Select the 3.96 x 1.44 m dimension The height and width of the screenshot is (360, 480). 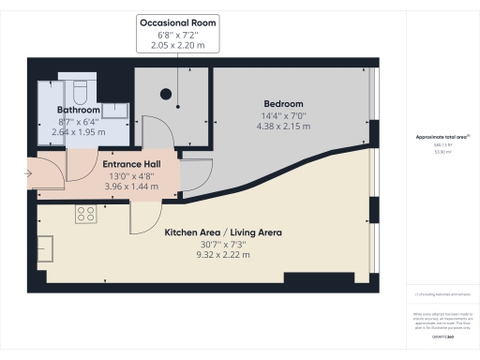tap(129, 186)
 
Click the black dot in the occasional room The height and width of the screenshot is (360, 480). tap(167, 93)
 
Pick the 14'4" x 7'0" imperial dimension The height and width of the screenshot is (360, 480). tap(282, 115)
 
